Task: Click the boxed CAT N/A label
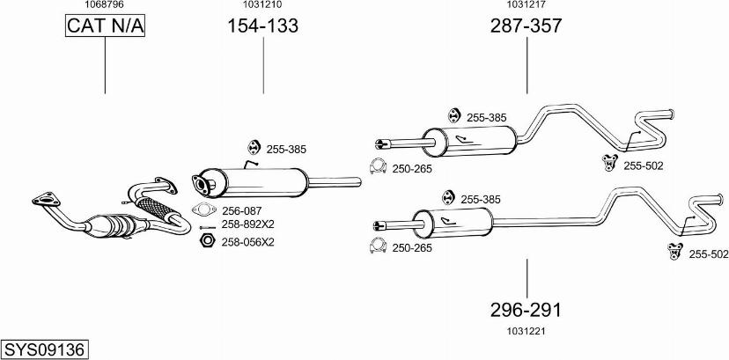(x=105, y=27)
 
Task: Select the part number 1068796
(x=104, y=5)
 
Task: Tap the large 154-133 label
(x=262, y=27)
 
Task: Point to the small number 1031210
(x=262, y=5)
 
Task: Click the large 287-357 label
(x=526, y=27)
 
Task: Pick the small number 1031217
(x=526, y=5)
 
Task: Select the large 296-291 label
(x=526, y=310)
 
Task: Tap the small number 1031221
(x=526, y=331)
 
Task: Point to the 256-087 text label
(x=242, y=210)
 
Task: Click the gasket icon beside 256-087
(x=203, y=210)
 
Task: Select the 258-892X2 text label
(x=247, y=224)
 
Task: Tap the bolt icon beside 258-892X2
(x=203, y=224)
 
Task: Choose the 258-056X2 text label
(x=247, y=241)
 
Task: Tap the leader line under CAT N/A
(x=105, y=66)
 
